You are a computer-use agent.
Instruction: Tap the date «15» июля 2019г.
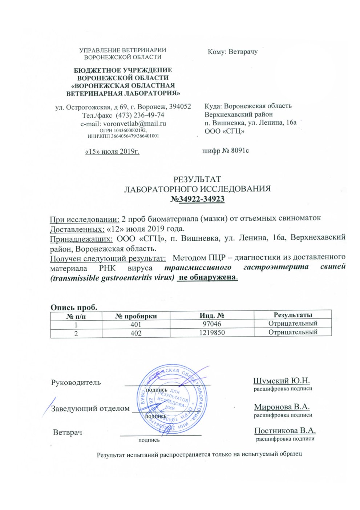click(x=112, y=151)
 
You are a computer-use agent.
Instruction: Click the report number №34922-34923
click(x=198, y=199)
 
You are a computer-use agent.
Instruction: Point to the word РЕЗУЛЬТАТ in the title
click(x=197, y=179)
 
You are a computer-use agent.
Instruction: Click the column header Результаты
click(x=293, y=315)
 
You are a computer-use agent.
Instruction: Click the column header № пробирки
click(x=136, y=316)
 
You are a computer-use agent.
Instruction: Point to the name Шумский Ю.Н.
click(x=282, y=381)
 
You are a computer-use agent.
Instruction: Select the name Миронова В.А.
click(x=282, y=407)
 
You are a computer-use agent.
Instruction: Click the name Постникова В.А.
click(x=285, y=431)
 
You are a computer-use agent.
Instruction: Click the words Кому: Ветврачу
click(x=232, y=52)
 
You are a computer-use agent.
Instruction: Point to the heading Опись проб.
click(x=74, y=307)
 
